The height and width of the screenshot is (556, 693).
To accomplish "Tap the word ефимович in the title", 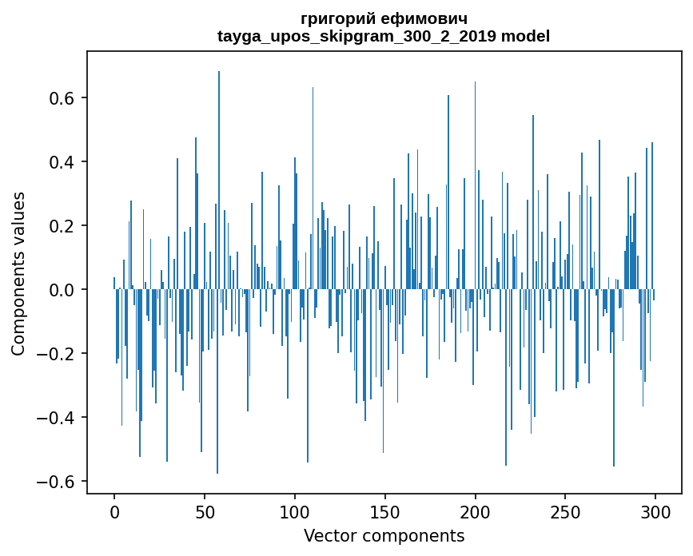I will pos(423,18).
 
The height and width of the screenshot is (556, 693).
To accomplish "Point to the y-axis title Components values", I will pos(18,273).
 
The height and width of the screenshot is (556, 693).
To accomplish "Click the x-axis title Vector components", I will pos(384,535).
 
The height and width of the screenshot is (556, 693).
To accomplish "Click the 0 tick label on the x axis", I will pos(114,511).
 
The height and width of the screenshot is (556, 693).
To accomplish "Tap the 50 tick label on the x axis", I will pos(205,511).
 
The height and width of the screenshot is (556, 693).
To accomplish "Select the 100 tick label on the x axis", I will pos(295,511).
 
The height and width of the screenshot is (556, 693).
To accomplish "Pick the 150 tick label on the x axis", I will pos(385,511).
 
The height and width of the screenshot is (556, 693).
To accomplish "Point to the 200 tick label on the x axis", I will pos(476,511).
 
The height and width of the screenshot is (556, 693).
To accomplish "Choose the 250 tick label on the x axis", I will pos(566,511).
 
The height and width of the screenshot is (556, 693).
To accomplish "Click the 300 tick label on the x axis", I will pos(655,511).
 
